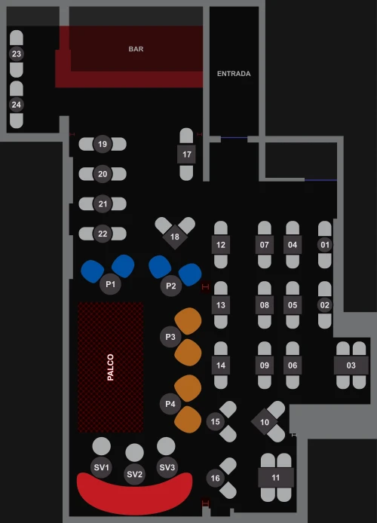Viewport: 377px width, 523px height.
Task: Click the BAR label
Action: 136,49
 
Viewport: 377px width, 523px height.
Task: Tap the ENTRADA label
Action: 234,74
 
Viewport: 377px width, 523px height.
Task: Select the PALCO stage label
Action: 110,367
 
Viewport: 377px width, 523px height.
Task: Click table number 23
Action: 17,54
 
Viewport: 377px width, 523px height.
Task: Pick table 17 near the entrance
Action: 186,154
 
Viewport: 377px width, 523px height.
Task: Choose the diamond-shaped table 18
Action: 175,237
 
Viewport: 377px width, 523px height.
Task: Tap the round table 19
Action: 103,144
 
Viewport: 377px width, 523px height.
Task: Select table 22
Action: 103,234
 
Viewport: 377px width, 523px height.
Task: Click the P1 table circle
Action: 110,284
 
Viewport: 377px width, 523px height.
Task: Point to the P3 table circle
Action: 170,337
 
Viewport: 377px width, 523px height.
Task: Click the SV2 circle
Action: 134,474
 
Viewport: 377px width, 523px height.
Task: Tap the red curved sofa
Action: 135,494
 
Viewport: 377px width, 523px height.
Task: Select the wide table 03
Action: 351,365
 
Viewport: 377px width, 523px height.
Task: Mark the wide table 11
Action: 275,478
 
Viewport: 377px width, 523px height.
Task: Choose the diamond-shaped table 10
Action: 264,422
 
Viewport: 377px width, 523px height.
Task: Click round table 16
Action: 215,478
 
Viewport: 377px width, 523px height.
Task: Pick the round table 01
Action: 325,245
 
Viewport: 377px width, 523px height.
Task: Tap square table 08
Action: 265,305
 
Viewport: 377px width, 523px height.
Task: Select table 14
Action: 220,365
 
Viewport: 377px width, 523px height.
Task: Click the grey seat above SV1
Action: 102,446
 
